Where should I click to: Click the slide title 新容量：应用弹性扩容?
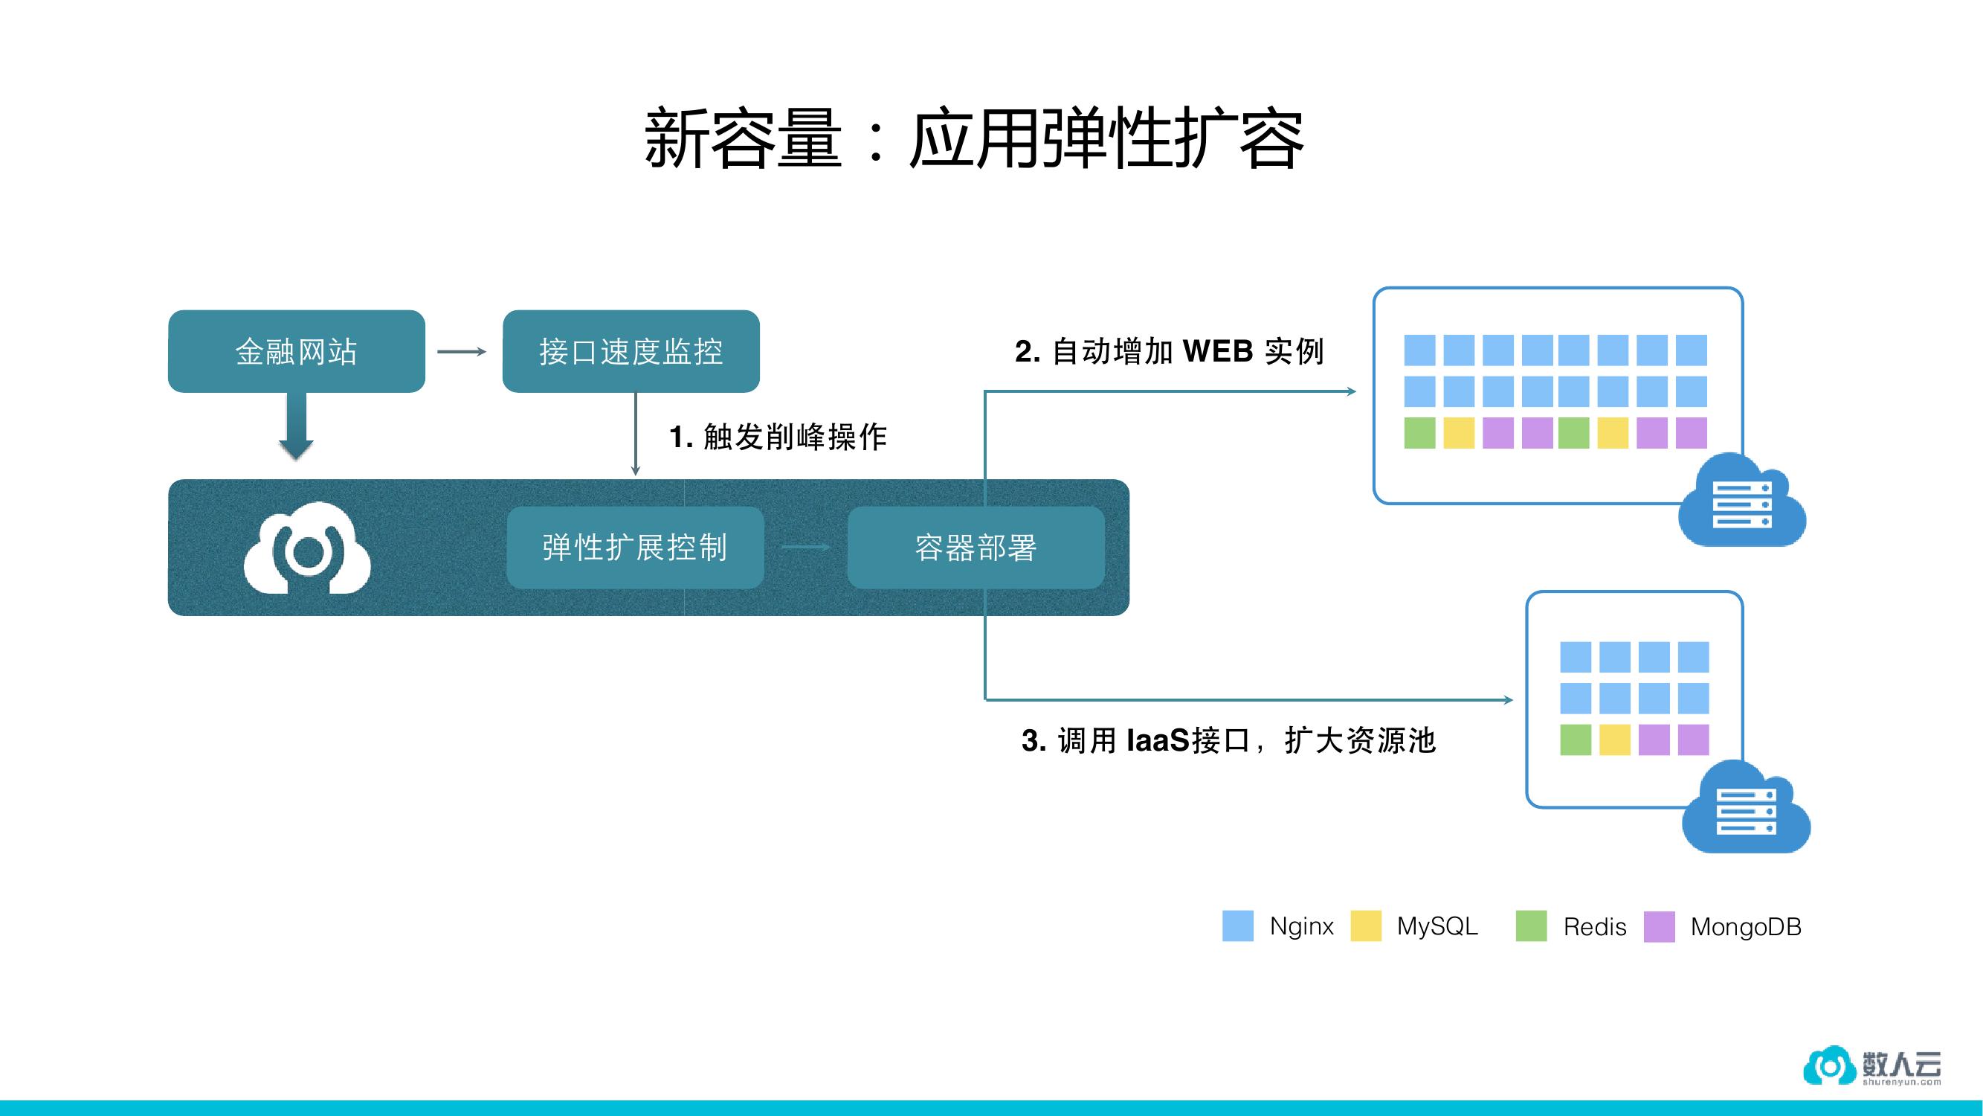click(974, 139)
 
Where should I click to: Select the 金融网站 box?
click(297, 352)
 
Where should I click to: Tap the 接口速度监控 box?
click(631, 352)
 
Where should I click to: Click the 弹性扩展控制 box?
click(635, 548)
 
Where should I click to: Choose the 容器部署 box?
click(976, 548)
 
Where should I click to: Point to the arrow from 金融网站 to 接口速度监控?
click(462, 352)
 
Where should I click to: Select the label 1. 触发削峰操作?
click(778, 437)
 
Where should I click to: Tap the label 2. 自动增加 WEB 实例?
click(1169, 352)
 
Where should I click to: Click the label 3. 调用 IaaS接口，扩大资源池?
click(1228, 741)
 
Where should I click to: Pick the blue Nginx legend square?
click(1238, 926)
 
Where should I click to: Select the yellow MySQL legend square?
click(1366, 926)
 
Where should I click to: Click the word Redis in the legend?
click(1594, 926)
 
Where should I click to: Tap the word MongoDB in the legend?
click(1745, 926)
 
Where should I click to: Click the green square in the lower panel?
click(1575, 740)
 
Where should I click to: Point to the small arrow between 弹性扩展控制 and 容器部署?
click(805, 548)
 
